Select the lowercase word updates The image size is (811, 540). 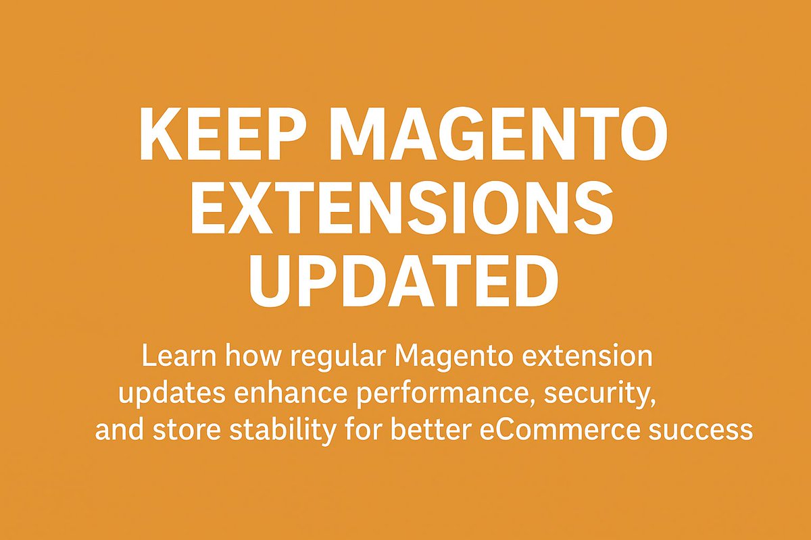click(172, 394)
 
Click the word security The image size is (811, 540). click(605, 394)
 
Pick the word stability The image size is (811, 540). click(274, 430)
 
